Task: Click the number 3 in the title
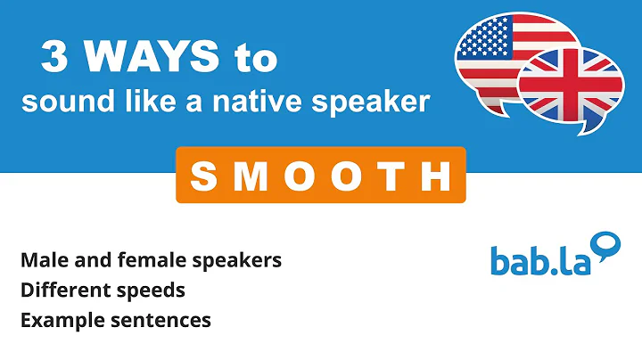click(x=55, y=59)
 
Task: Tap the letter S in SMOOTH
click(x=204, y=176)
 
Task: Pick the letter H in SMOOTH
click(x=437, y=176)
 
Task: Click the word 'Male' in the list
click(x=42, y=260)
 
